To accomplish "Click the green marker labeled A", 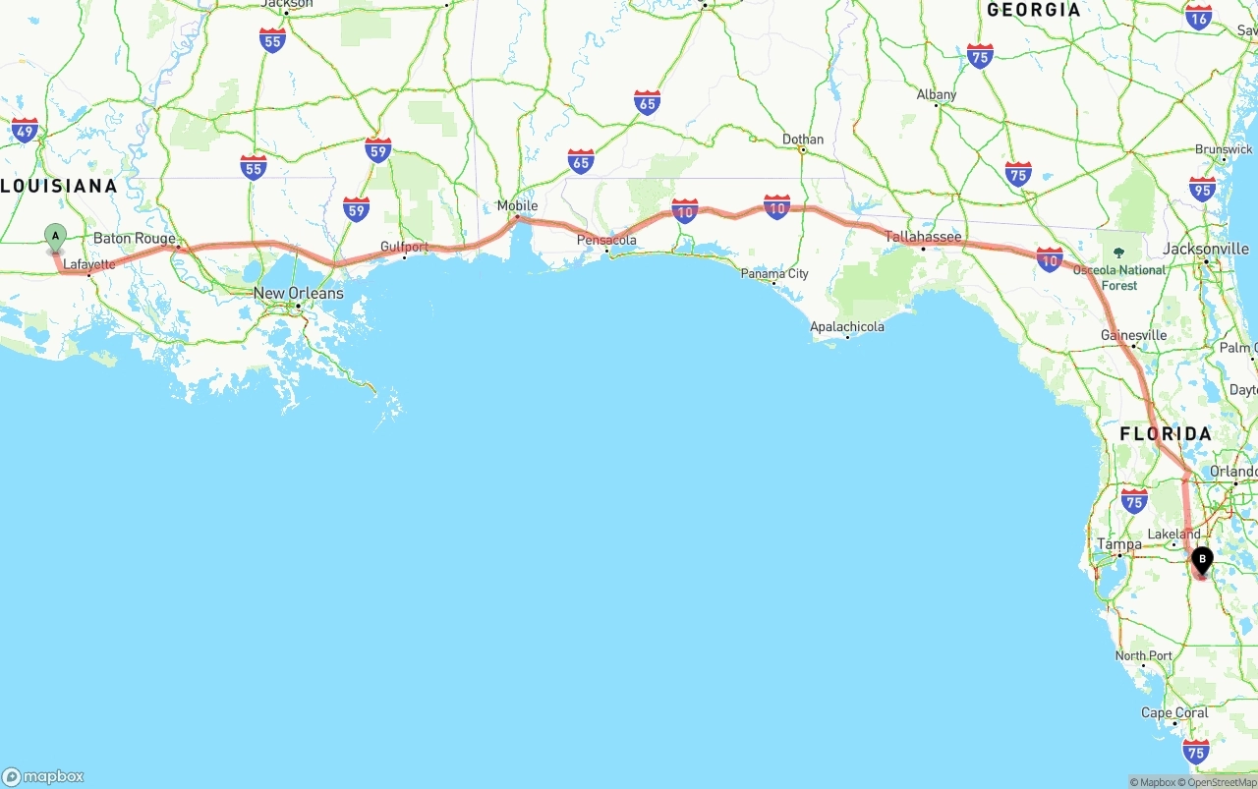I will pyautogui.click(x=55, y=236).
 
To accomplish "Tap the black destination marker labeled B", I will pyautogui.click(x=1201, y=560).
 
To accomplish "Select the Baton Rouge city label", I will pyautogui.click(x=135, y=239).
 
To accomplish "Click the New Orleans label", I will pyautogui.click(x=299, y=293).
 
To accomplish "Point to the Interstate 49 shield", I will pyautogui.click(x=25, y=131).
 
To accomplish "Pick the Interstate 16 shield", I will pyautogui.click(x=1198, y=17).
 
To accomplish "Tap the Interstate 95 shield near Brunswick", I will pyautogui.click(x=1201, y=189).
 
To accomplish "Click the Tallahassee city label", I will pyautogui.click(x=923, y=237).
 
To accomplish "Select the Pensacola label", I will pyautogui.click(x=606, y=240).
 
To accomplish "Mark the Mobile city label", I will pyautogui.click(x=517, y=205).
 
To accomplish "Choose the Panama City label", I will pyautogui.click(x=774, y=273).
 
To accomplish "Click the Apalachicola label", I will pyautogui.click(x=847, y=326).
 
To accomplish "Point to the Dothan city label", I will pyautogui.click(x=803, y=140).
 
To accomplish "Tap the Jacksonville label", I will pyautogui.click(x=1206, y=249).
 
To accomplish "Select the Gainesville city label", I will pyautogui.click(x=1133, y=335).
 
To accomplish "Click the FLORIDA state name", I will pyautogui.click(x=1166, y=433).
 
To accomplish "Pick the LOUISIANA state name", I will pyautogui.click(x=59, y=186).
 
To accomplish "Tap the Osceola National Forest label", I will pyautogui.click(x=1118, y=277).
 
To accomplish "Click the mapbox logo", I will pyautogui.click(x=43, y=776).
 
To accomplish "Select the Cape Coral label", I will pyautogui.click(x=1174, y=712).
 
